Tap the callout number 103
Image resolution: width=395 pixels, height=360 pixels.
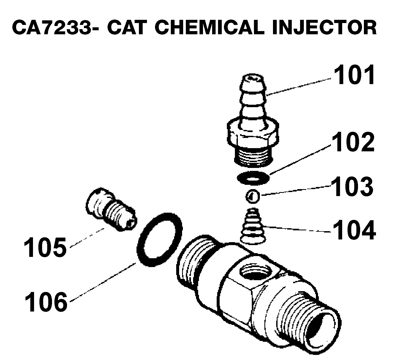pyautogui.click(x=352, y=186)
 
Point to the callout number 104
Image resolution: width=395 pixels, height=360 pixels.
pyautogui.click(x=354, y=230)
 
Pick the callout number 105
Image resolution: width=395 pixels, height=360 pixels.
pyautogui.click(x=45, y=247)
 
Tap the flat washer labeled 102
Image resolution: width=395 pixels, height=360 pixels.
pyautogui.click(x=253, y=177)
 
